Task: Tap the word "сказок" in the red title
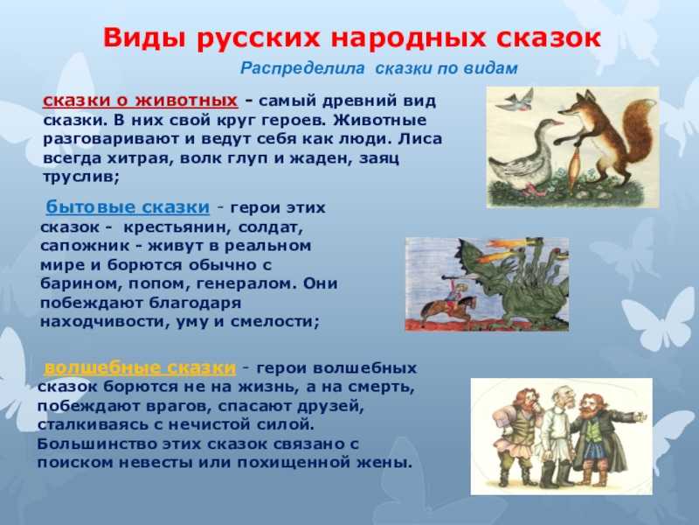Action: (550, 38)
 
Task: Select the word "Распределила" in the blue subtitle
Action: (302, 68)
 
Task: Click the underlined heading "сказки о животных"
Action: (141, 101)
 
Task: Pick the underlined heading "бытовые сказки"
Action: (128, 207)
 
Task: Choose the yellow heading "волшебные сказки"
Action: (140, 367)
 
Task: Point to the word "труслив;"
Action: (81, 178)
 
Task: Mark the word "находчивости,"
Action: (105, 322)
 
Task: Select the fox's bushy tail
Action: (633, 134)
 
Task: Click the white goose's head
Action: (551, 124)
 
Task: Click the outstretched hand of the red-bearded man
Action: (640, 416)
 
